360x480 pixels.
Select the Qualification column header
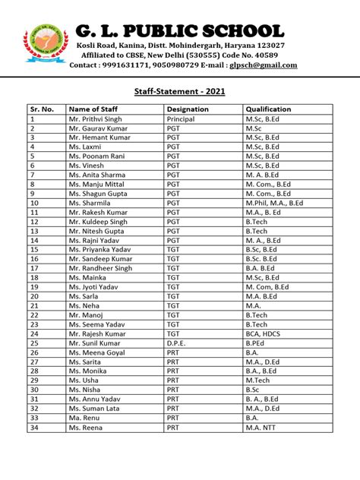(268, 109)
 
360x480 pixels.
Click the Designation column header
(187, 109)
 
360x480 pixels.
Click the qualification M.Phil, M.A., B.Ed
(274, 203)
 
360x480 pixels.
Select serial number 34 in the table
(34, 427)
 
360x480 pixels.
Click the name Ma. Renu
(84, 417)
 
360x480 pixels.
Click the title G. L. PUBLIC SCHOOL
(180, 31)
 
